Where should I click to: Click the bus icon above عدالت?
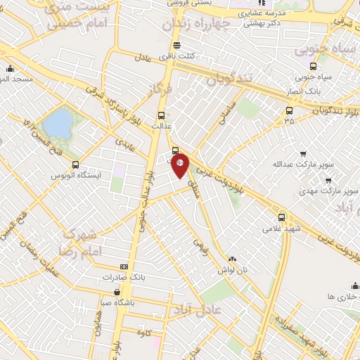click(x=162, y=115)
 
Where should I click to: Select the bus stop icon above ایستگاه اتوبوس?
click(x=75, y=165)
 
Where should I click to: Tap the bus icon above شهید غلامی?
click(x=282, y=217)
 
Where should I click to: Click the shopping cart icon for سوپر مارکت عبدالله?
click(x=303, y=153)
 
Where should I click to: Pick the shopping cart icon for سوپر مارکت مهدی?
click(x=328, y=180)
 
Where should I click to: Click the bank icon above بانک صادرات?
click(x=124, y=266)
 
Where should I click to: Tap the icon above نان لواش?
click(x=232, y=259)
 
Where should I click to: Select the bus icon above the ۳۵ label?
click(x=289, y=110)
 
